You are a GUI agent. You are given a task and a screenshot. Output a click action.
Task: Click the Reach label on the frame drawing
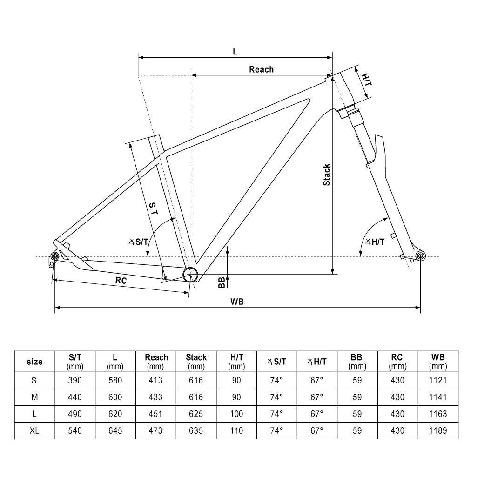(261, 69)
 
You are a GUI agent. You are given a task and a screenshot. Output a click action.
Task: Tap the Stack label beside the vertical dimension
(327, 175)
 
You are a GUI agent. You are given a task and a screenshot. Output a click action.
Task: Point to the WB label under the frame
(237, 301)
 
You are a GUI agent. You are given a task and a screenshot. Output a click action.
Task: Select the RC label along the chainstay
(121, 280)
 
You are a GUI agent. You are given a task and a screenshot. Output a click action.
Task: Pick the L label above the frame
(235, 52)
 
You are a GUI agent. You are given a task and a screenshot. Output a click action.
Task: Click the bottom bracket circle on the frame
(190, 275)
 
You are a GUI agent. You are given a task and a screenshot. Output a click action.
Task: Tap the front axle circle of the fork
(420, 256)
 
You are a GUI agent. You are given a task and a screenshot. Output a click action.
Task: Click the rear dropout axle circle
(54, 256)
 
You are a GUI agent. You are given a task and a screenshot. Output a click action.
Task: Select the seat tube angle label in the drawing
(138, 242)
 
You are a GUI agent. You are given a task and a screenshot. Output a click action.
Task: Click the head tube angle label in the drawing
(375, 242)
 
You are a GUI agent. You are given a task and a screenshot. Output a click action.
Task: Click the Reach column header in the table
(156, 361)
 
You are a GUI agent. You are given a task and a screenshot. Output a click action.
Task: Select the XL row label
(34, 430)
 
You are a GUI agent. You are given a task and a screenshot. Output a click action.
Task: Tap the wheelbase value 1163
(437, 414)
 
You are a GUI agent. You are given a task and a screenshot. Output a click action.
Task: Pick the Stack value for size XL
(196, 430)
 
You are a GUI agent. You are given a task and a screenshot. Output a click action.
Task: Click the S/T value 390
(74, 380)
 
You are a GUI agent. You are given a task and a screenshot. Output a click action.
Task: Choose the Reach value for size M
(156, 397)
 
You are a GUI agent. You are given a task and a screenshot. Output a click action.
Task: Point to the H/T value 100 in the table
(236, 414)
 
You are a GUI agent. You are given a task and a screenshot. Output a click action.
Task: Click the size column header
(34, 362)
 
